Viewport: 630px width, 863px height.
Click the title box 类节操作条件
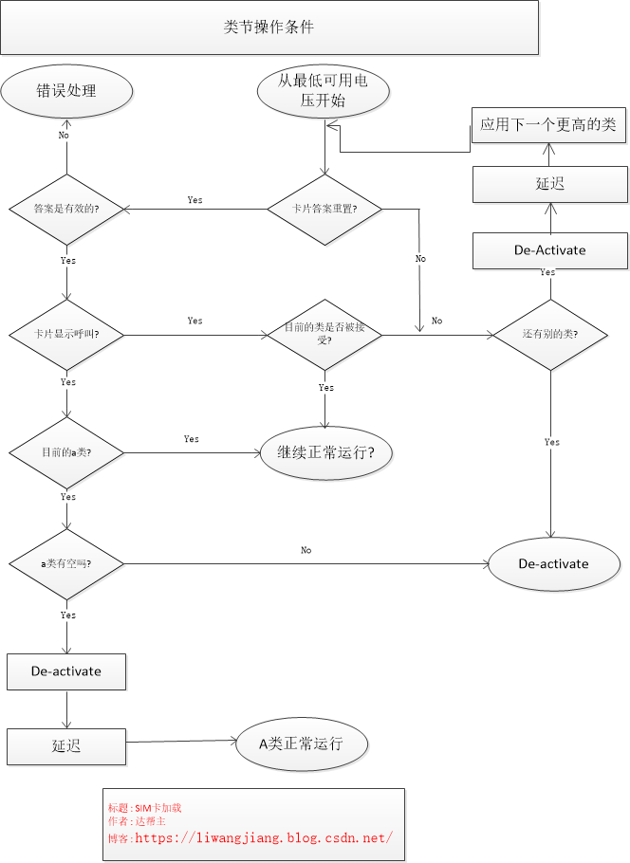(x=269, y=28)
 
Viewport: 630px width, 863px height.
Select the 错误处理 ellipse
(x=66, y=91)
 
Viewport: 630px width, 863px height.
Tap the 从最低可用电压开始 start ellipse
(x=324, y=91)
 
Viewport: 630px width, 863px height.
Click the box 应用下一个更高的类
(x=549, y=124)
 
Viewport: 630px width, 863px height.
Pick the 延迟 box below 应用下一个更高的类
(x=549, y=184)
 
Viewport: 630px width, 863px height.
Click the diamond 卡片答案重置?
(x=324, y=209)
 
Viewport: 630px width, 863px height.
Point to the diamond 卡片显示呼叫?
(x=66, y=335)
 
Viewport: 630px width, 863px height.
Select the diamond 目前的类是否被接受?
(x=324, y=333)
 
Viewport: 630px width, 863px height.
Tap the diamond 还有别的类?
(x=551, y=335)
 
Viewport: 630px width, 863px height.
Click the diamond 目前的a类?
(x=66, y=452)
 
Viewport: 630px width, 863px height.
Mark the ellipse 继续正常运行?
(x=325, y=452)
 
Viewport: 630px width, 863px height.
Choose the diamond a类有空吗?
(x=66, y=563)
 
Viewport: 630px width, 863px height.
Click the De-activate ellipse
(x=553, y=563)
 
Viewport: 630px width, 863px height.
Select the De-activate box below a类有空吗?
(x=66, y=671)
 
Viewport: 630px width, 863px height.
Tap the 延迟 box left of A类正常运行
(x=66, y=745)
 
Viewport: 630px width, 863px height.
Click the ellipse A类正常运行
(x=301, y=744)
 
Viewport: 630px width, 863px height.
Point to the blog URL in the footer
(x=263, y=837)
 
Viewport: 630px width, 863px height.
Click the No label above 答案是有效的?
(x=64, y=135)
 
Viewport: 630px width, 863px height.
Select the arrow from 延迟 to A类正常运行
(x=180, y=743)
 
